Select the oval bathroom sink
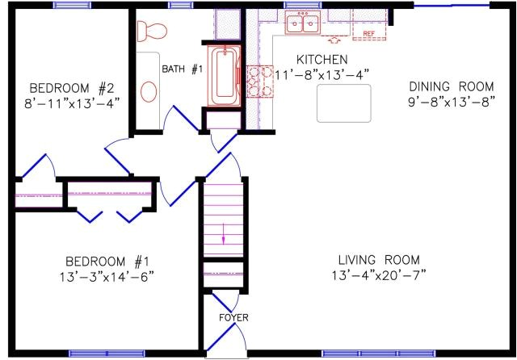pos(149,90)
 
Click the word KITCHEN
pos(322,61)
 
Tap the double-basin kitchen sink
pos(305,24)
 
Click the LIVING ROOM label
pos(379,260)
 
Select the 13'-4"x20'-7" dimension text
pos(379,275)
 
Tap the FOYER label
pos(233,317)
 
